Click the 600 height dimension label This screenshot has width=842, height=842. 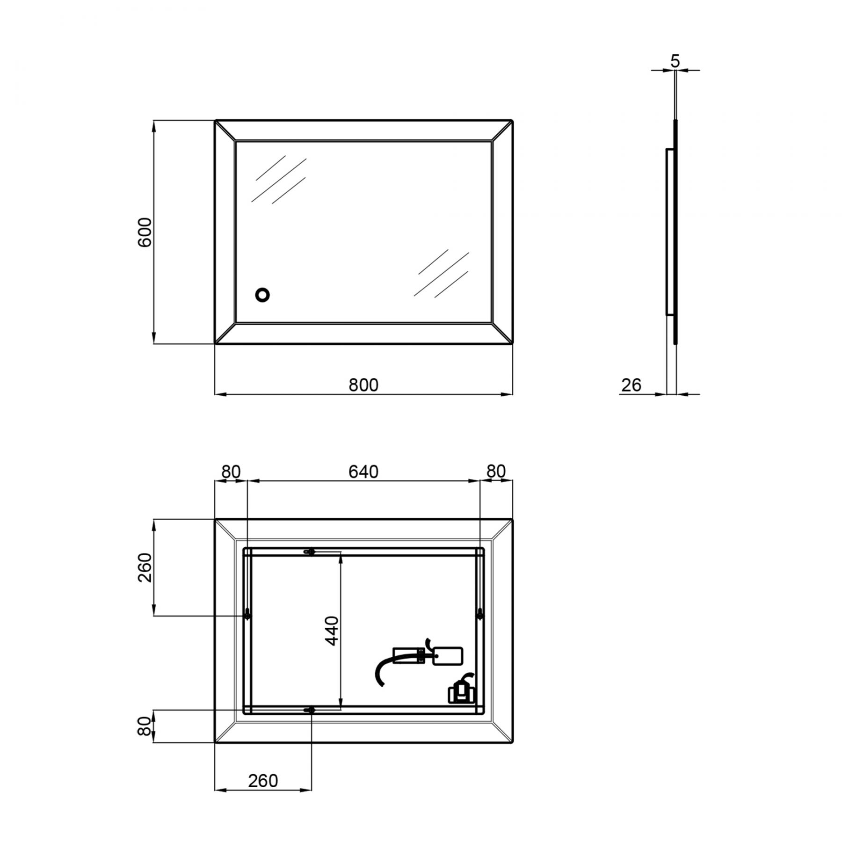(x=145, y=232)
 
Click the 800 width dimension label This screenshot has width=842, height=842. (x=363, y=385)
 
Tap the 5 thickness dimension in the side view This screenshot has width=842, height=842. (x=675, y=61)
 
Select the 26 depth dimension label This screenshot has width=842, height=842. (x=631, y=385)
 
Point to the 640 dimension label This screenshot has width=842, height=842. (x=363, y=472)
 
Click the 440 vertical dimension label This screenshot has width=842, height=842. (x=332, y=631)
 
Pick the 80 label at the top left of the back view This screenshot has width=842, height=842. (x=231, y=472)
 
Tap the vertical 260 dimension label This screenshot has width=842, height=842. (x=145, y=567)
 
